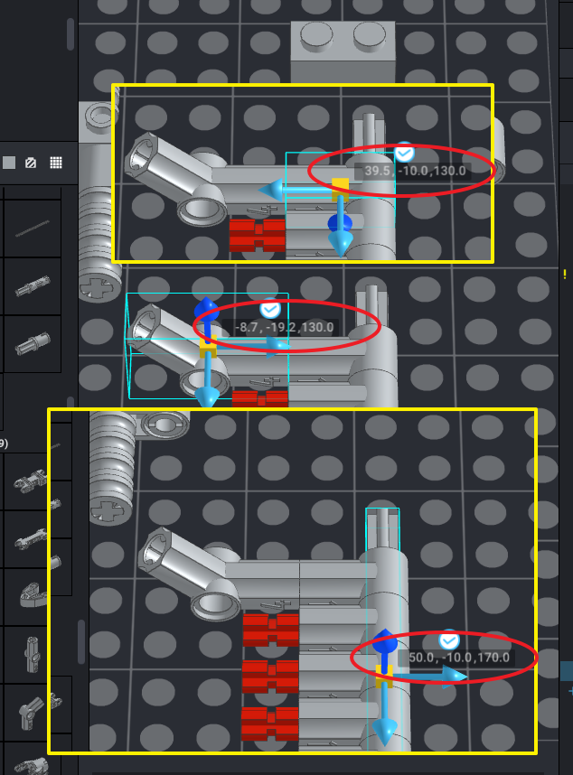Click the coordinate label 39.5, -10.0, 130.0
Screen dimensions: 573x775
(415, 171)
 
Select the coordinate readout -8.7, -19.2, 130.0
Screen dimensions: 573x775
(284, 327)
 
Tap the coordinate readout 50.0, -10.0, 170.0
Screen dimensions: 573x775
(459, 658)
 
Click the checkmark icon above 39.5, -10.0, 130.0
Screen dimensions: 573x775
(404, 154)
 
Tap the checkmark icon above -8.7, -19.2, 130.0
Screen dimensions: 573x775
(270, 310)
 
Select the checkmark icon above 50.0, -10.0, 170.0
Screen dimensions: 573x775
(449, 640)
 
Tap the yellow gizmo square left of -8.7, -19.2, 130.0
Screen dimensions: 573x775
(208, 347)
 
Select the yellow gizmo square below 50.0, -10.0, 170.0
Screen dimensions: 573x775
(384, 677)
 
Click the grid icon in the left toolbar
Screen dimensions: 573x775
(56, 163)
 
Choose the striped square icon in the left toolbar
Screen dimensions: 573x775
(31, 163)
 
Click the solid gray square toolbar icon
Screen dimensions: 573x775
(9, 163)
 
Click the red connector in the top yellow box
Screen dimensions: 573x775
(258, 235)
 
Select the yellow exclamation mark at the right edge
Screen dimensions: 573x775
(565, 275)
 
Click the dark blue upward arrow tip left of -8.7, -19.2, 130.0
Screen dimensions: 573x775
(206, 308)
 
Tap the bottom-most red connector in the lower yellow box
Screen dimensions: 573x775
(270, 723)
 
